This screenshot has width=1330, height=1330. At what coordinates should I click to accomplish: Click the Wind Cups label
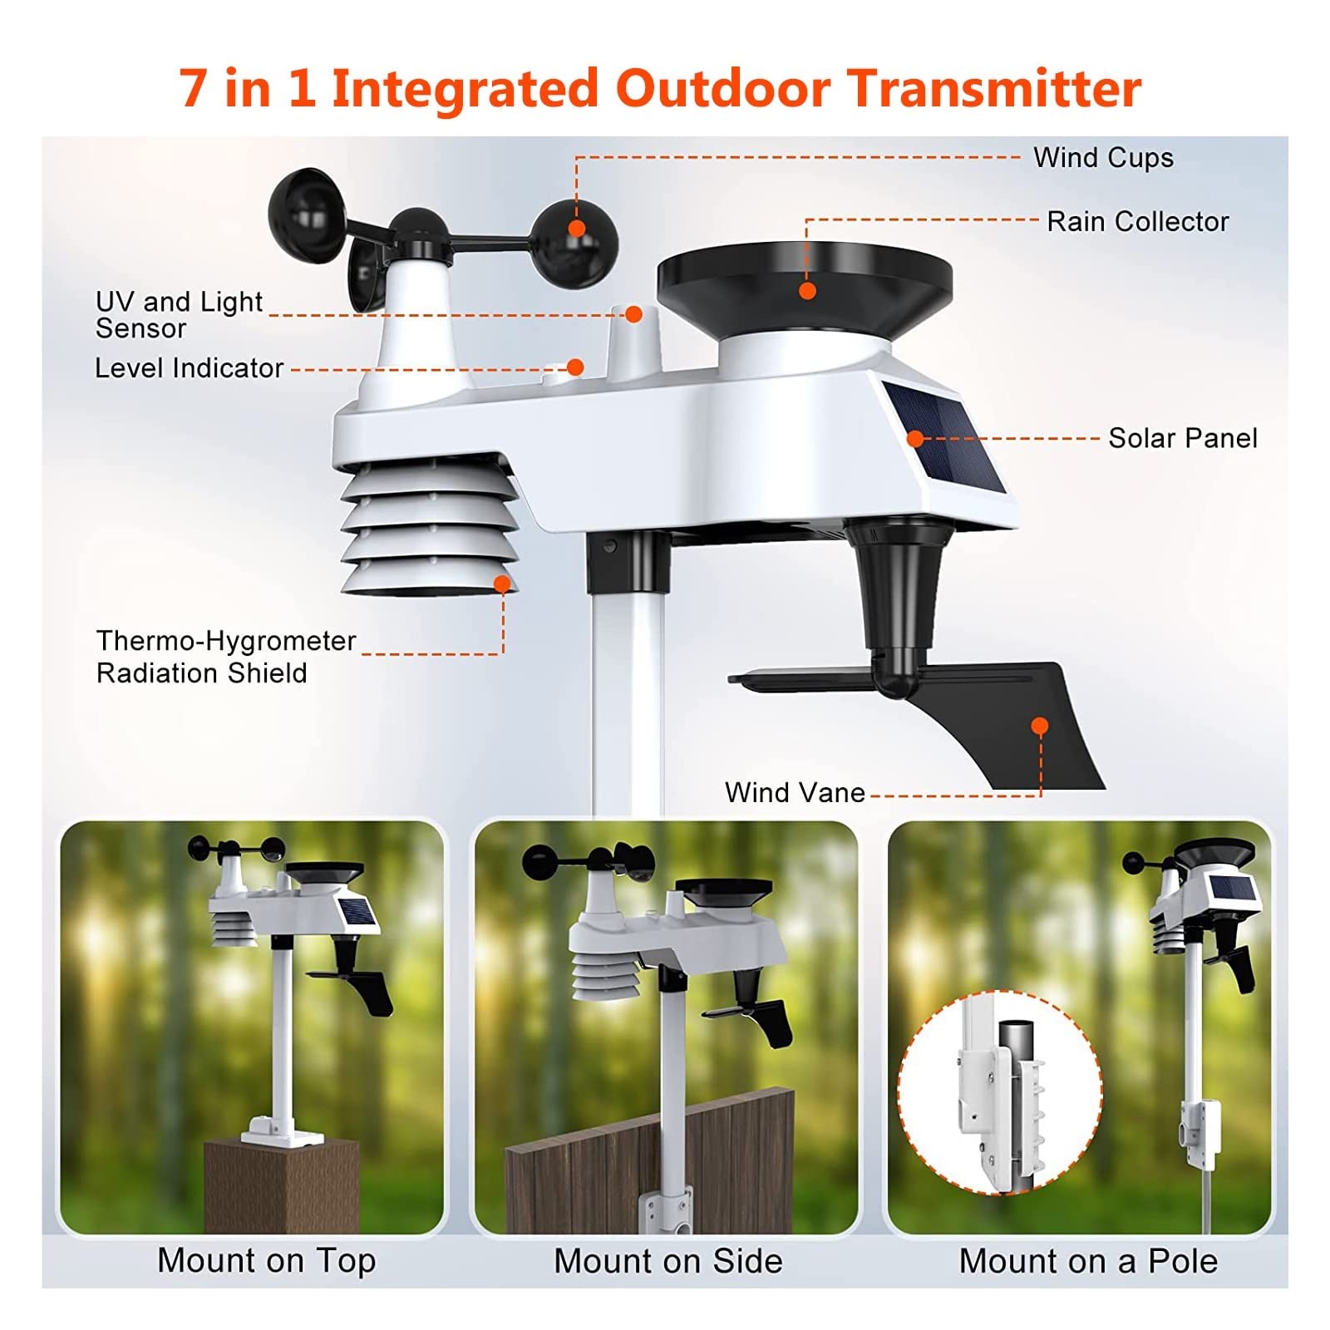[1103, 158]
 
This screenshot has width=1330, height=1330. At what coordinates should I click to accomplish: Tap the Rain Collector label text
[1137, 222]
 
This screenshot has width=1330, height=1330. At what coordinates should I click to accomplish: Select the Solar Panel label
[1183, 438]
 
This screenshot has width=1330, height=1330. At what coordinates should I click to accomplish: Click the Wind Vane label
[795, 792]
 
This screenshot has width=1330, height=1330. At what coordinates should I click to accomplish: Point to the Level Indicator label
[190, 367]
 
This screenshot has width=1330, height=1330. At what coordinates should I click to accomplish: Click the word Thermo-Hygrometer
[226, 641]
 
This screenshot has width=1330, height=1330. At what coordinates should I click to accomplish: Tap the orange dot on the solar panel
[915, 439]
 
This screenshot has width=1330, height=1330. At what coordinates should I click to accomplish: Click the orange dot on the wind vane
[1039, 727]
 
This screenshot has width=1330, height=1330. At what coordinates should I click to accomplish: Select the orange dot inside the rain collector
[807, 291]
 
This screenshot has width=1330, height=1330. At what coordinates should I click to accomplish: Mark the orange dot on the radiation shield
[502, 584]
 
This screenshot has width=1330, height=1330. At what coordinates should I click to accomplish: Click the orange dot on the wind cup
[577, 229]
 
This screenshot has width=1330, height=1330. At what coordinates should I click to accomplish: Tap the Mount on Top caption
[267, 1261]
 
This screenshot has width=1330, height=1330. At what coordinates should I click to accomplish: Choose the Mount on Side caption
[668, 1261]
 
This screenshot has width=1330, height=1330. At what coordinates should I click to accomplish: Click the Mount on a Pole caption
[1088, 1261]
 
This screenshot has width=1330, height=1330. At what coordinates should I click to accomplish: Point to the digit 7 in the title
[193, 89]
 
